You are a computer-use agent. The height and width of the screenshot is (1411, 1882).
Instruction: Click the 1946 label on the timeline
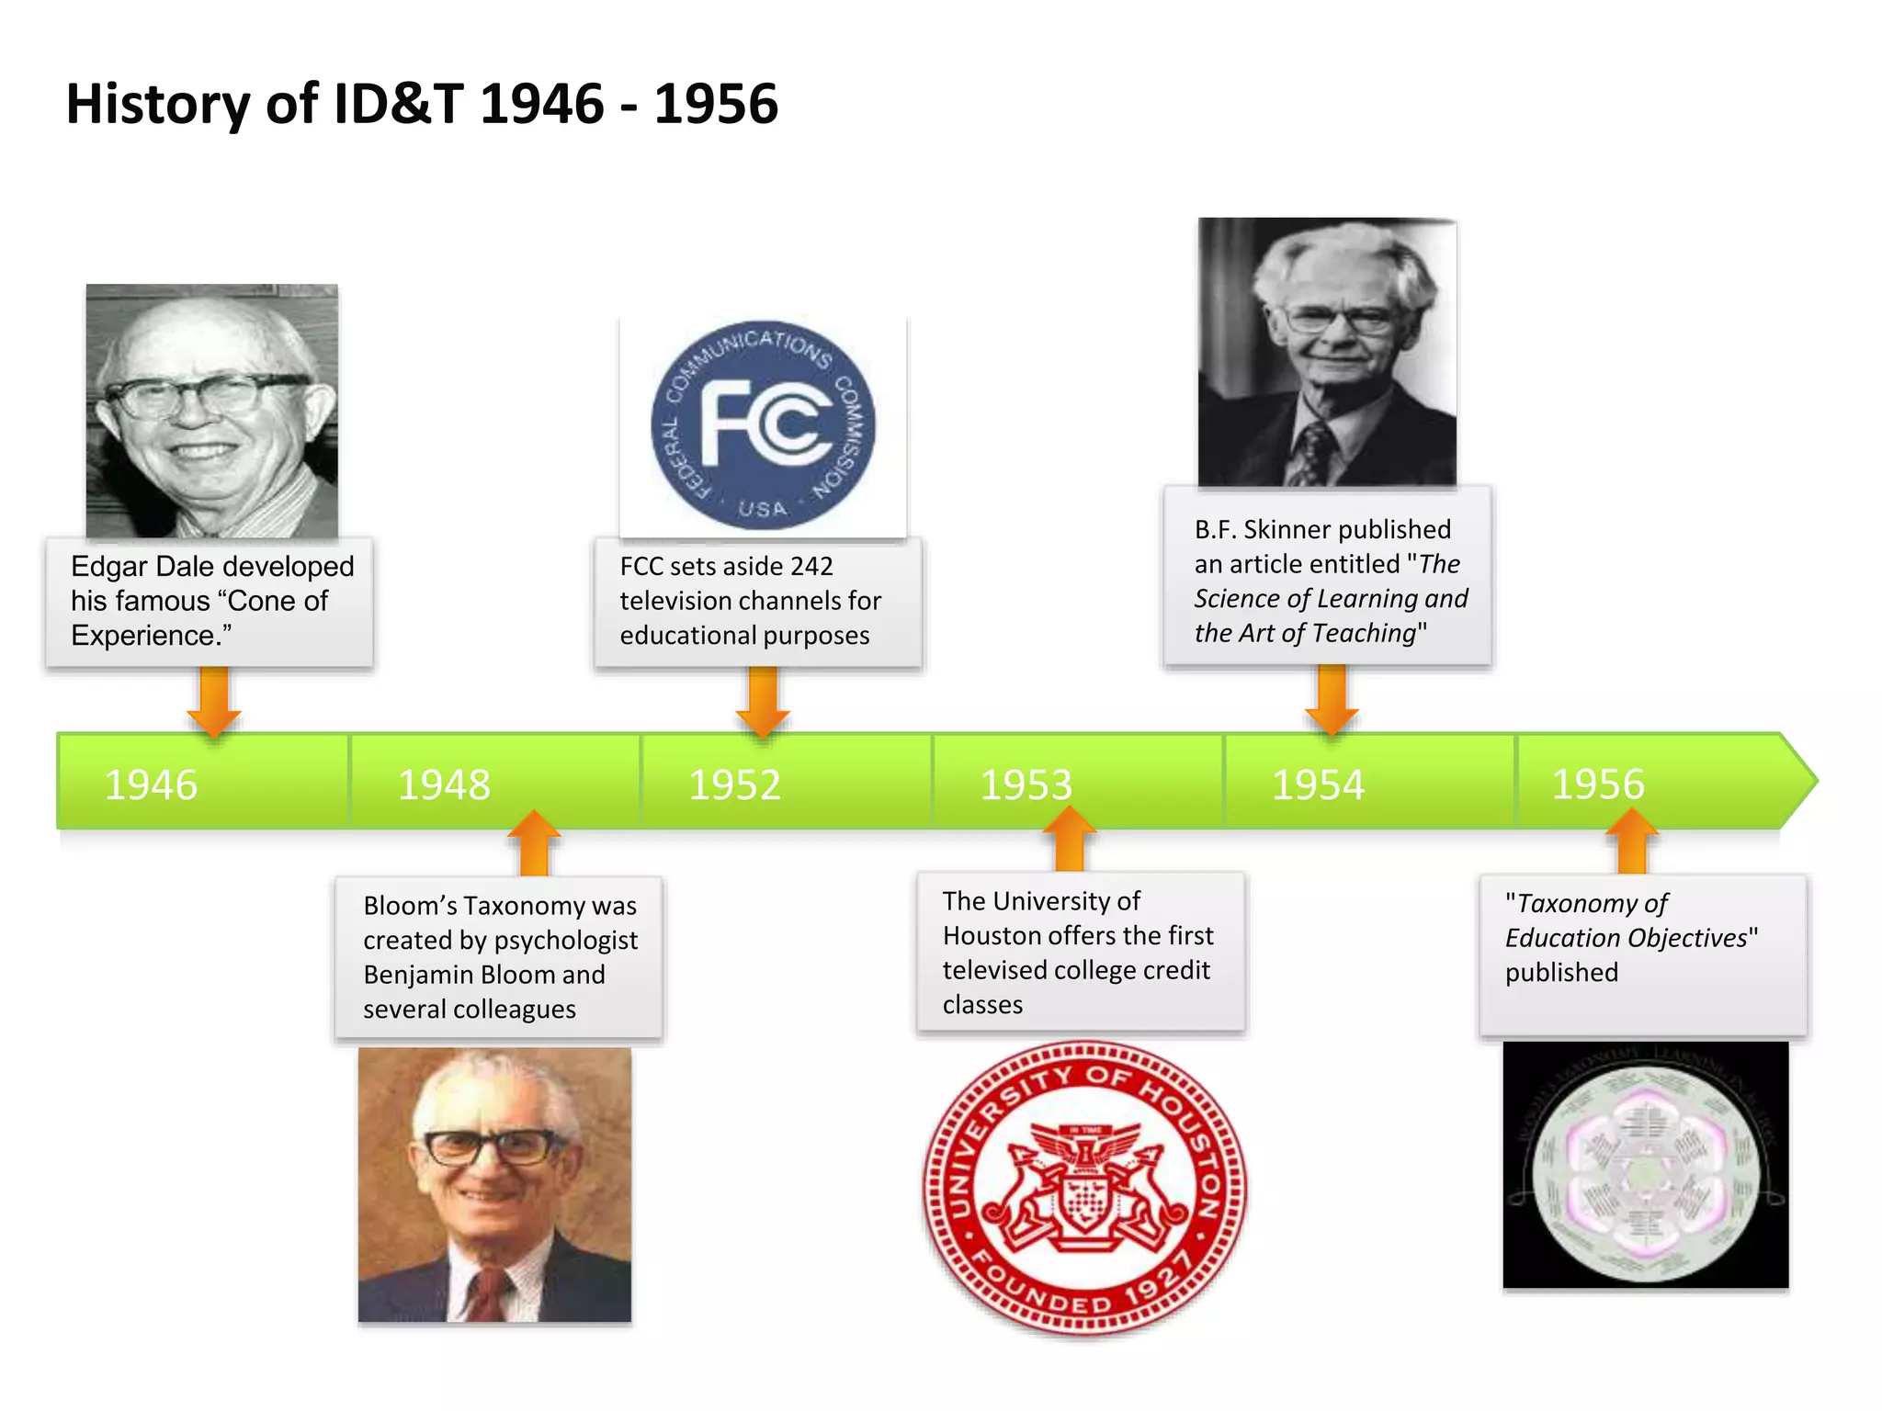pyautogui.click(x=151, y=785)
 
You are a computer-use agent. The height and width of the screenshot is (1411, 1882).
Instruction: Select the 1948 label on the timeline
pyautogui.click(x=444, y=785)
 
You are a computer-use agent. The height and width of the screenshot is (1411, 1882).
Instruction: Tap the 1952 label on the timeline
pyautogui.click(x=734, y=785)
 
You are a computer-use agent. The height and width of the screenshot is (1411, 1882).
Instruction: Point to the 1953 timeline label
pyautogui.click(x=1026, y=785)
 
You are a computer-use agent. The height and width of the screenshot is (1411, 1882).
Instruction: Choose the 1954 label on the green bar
pyautogui.click(x=1318, y=785)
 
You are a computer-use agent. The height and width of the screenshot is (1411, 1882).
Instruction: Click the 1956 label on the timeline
pyautogui.click(x=1598, y=784)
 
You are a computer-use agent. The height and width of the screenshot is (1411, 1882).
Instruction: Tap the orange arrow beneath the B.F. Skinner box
pyautogui.click(x=1332, y=700)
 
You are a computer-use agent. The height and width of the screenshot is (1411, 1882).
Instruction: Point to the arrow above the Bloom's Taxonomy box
pyautogui.click(x=534, y=842)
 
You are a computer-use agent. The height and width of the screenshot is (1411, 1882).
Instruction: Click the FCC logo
pyautogui.click(x=763, y=425)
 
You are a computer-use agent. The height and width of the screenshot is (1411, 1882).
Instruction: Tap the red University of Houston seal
pyautogui.click(x=1084, y=1186)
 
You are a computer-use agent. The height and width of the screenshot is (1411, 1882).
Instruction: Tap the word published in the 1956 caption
pyautogui.click(x=1561, y=973)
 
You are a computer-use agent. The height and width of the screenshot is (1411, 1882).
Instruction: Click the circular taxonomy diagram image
pyautogui.click(x=1645, y=1166)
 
